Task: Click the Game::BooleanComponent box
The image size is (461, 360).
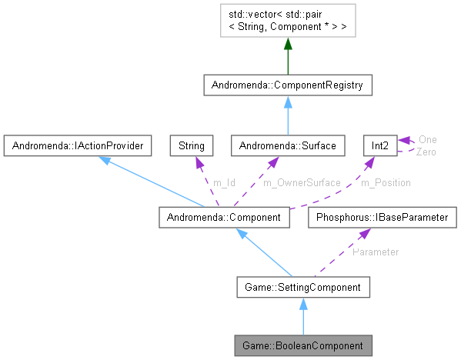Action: pos(304,344)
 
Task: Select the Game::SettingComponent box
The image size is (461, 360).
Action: pos(304,288)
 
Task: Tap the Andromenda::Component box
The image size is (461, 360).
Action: pos(224,218)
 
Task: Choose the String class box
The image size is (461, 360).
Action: pos(192,144)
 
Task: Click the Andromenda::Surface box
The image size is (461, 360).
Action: pos(287,144)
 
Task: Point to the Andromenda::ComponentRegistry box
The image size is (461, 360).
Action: pos(287,85)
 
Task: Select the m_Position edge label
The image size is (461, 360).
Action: pos(387,182)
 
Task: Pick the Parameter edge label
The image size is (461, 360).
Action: pos(375,252)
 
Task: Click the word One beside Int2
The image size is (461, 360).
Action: pos(427,140)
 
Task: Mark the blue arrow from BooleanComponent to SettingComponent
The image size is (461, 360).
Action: pos(304,316)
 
